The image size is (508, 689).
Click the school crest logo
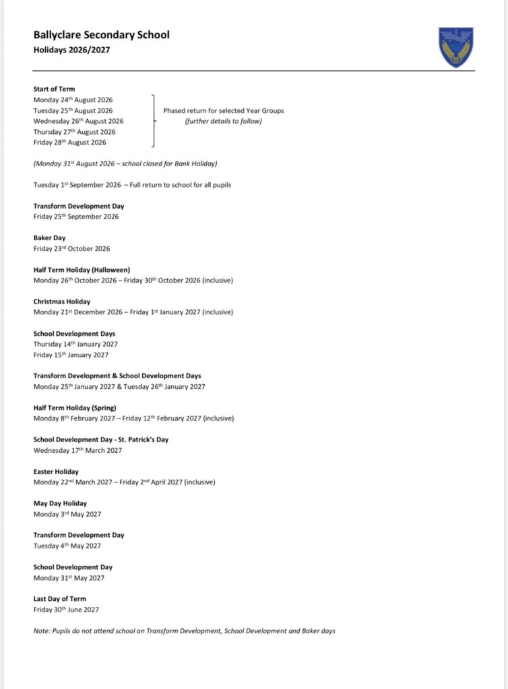click(456, 47)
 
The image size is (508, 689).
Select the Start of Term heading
click(55, 89)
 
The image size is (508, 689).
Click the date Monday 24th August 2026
click(73, 100)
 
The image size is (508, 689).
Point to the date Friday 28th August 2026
click(70, 143)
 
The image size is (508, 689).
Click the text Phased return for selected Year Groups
click(224, 110)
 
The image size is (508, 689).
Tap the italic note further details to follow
click(224, 121)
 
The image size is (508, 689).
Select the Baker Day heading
click(50, 238)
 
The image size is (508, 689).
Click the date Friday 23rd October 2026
click(72, 248)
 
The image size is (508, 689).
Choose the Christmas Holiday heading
click(62, 301)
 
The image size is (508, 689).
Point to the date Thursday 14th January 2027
click(75, 344)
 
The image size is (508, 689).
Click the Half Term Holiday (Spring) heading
click(75, 408)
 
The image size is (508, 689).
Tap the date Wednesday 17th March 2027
click(78, 450)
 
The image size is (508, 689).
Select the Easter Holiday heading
click(57, 472)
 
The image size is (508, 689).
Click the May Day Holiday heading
click(61, 503)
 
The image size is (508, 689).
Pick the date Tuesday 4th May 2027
click(67, 546)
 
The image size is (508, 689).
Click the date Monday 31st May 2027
click(69, 578)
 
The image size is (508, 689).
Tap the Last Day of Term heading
click(60, 599)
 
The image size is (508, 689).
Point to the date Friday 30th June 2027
click(67, 610)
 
